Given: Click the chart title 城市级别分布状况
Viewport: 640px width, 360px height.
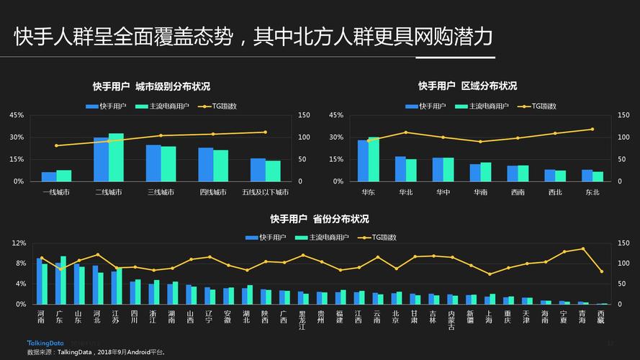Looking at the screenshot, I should pyautogui.click(x=151, y=86).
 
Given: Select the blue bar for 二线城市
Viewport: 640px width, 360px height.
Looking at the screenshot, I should pyautogui.click(x=101, y=159).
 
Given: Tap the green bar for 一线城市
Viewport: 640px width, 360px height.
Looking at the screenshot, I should pyautogui.click(x=64, y=176).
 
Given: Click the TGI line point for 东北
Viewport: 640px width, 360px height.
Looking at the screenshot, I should pyautogui.click(x=592, y=130).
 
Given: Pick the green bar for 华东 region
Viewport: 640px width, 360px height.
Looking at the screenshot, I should pyautogui.click(x=374, y=159).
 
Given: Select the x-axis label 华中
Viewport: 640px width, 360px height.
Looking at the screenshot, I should pyautogui.click(x=443, y=192).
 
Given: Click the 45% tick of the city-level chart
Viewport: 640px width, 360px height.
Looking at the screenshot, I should pyautogui.click(x=17, y=115).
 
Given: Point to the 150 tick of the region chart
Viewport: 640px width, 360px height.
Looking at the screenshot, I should pyautogui.click(x=623, y=115).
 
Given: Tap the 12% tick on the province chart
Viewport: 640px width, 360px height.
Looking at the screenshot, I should pyautogui.click(x=19, y=243).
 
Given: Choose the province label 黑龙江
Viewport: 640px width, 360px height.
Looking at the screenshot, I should pyautogui.click(x=302, y=320).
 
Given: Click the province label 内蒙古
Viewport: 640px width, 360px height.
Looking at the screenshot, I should pyautogui.click(x=451, y=320).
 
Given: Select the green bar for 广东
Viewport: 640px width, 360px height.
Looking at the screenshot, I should pyautogui.click(x=63, y=280).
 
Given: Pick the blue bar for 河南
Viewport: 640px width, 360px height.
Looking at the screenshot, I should pyautogui.click(x=39, y=282).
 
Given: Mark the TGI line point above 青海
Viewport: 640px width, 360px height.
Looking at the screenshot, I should pyautogui.click(x=582, y=249).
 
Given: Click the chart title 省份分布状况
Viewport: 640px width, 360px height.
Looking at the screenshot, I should pyautogui.click(x=320, y=219).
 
